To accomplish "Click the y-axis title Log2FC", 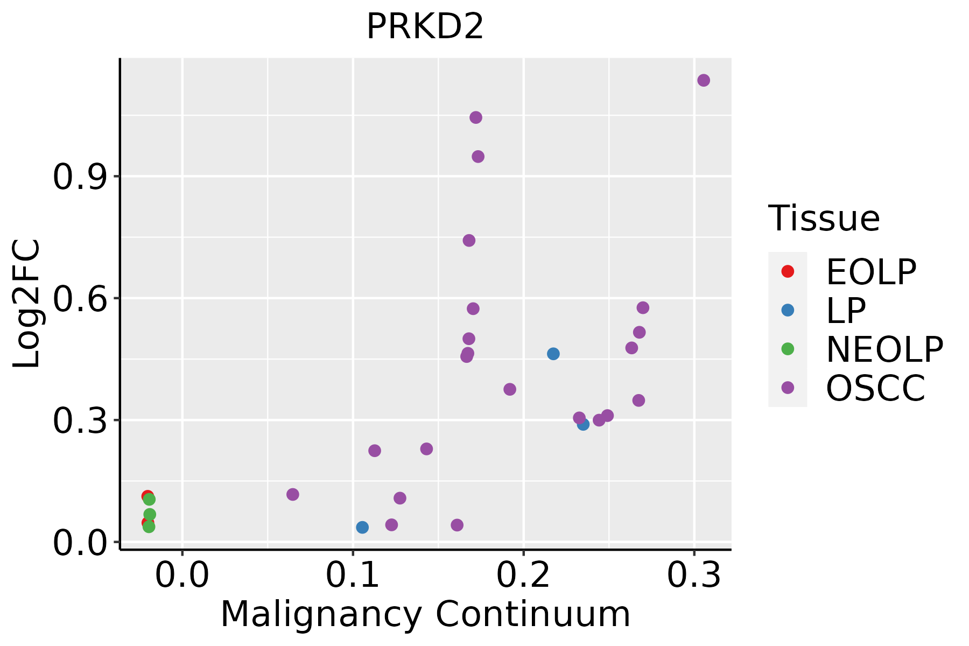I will [x=27, y=304].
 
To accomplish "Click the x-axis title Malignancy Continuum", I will [x=425, y=615].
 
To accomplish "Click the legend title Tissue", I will [x=824, y=219].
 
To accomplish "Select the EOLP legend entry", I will [x=870, y=272].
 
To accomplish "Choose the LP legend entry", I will [x=846, y=311].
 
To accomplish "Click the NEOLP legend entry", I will [x=884, y=349].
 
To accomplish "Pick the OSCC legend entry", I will [x=875, y=388].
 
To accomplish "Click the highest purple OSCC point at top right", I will [x=704, y=80].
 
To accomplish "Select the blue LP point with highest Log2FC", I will [x=553, y=354].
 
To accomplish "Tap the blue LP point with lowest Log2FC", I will [x=362, y=527].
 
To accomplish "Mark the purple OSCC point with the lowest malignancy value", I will [x=293, y=494].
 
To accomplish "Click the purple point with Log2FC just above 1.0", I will [x=476, y=117].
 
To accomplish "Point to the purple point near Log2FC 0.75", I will [x=469, y=240].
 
